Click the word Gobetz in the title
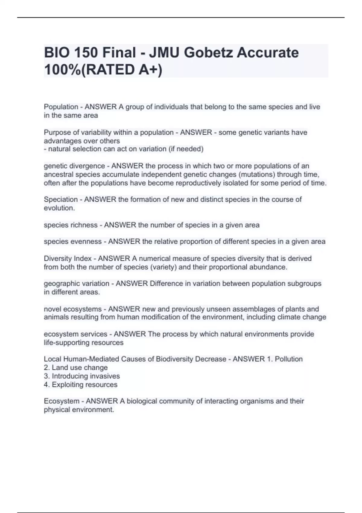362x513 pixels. [x=208, y=53]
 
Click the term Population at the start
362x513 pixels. [x=61, y=107]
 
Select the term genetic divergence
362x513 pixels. [x=74, y=166]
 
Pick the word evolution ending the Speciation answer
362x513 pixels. [x=59, y=208]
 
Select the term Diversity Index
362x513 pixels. [x=68, y=259]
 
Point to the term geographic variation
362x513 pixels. [x=76, y=284]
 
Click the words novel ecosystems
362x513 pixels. [x=73, y=309]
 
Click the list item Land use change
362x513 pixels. [x=80, y=368]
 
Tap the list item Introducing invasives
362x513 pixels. [x=86, y=376]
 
